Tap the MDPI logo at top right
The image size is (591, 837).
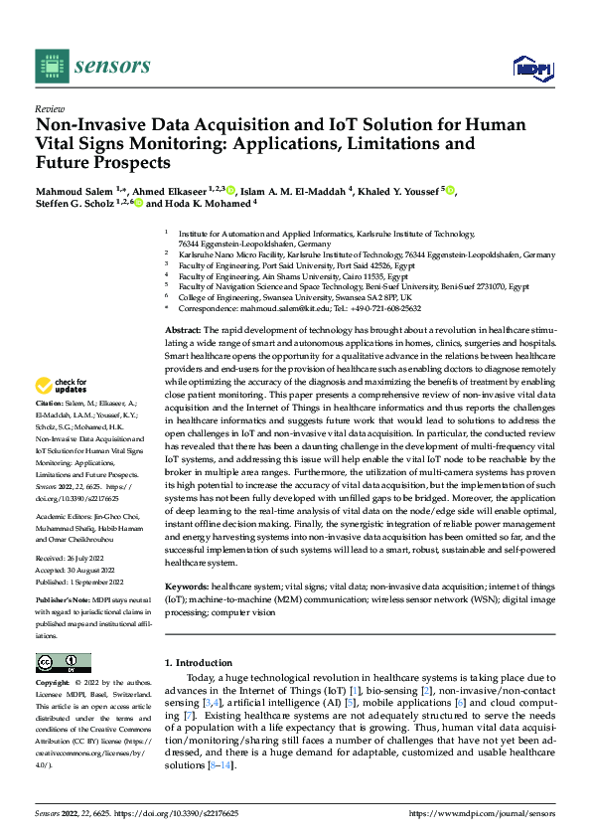tap(532, 67)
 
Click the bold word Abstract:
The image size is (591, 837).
tap(184, 329)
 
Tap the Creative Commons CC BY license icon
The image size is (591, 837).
tap(63, 662)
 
